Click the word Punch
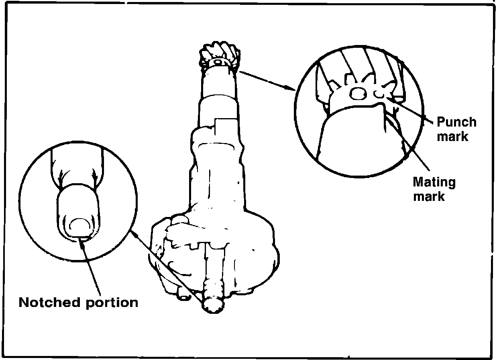[456, 122]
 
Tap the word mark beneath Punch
[453, 137]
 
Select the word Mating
[434, 183]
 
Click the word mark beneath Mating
[429, 197]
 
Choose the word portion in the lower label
[112, 303]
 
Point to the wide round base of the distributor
[217, 257]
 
